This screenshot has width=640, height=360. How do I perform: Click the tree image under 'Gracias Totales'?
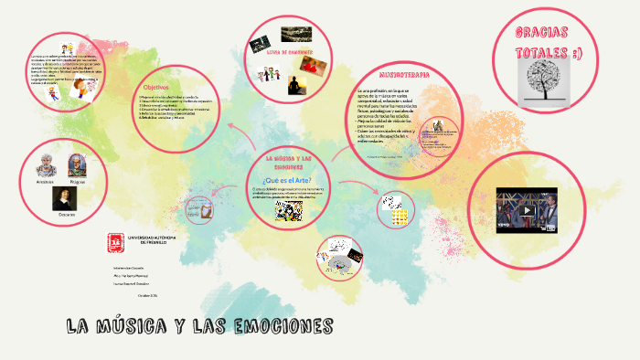coord(544,83)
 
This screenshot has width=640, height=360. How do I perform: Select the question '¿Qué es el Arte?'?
coord(287,179)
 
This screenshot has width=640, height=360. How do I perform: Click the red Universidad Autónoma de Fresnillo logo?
coord(115,241)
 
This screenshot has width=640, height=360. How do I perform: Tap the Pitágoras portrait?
coord(79,166)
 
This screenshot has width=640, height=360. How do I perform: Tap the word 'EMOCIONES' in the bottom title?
coord(274,327)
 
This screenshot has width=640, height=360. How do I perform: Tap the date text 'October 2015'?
coord(147,295)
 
